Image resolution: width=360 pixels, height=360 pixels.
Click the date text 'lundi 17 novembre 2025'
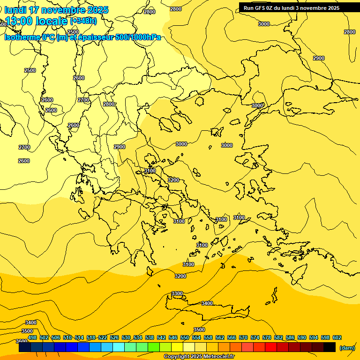(56, 10)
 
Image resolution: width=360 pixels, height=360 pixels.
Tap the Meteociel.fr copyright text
(199, 357)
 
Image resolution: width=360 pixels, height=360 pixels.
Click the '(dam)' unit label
(347, 347)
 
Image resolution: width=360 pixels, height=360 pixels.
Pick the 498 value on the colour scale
(32, 337)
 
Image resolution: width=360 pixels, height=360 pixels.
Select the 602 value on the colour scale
(337, 337)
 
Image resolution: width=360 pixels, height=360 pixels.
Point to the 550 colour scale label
(185, 337)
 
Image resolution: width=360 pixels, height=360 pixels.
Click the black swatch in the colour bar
(330, 347)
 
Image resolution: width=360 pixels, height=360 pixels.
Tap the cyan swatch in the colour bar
(119, 347)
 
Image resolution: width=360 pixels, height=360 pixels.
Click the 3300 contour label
(177, 293)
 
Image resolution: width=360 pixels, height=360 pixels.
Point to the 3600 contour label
(22, 341)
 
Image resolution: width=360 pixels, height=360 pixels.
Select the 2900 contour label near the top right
(319, 58)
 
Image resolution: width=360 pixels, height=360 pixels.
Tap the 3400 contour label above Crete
(207, 303)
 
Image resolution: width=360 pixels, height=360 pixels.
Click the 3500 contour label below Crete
(199, 330)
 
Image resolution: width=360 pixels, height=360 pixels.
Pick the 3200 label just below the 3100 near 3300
(180, 276)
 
